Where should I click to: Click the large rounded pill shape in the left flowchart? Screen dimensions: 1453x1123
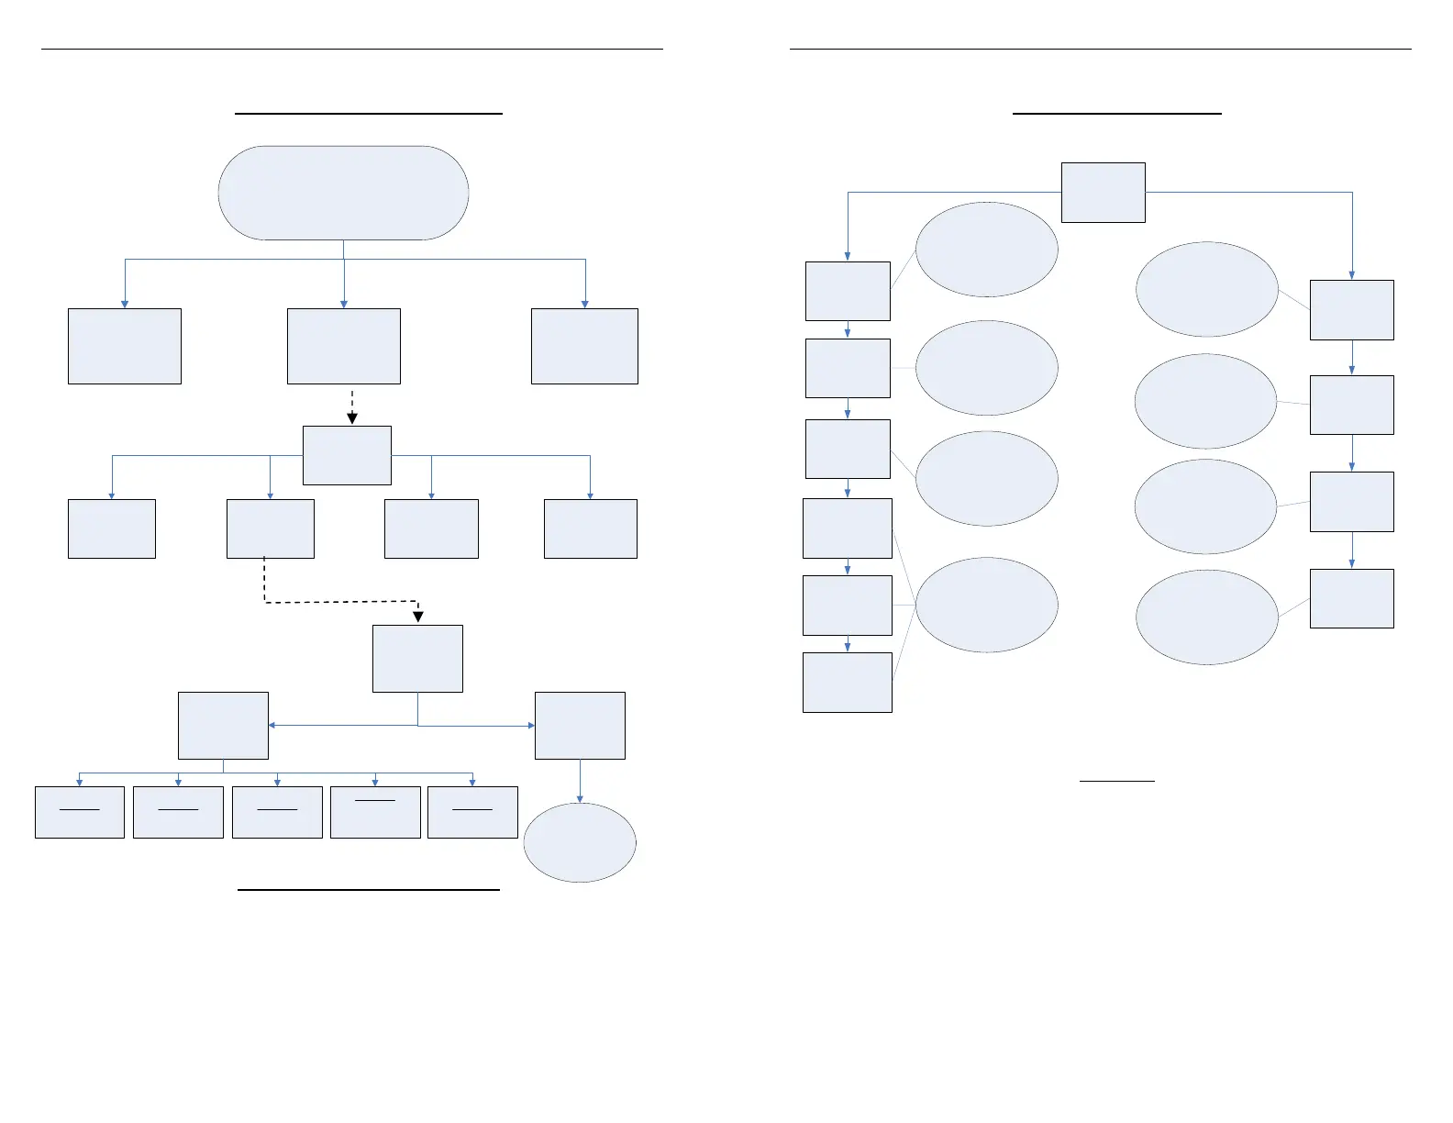point(343,193)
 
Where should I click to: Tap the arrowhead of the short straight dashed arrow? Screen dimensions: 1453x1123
point(352,418)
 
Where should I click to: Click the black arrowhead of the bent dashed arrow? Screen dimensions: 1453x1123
point(418,617)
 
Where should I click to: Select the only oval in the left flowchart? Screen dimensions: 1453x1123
point(580,842)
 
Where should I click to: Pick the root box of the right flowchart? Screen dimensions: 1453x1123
point(1103,193)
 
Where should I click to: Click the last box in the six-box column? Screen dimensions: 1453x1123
point(847,683)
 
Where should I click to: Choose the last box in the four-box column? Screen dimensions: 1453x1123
point(1351,598)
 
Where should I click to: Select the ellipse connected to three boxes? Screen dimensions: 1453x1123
point(986,605)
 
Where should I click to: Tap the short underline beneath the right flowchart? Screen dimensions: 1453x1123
point(1116,781)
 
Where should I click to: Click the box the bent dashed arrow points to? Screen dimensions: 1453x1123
point(417,659)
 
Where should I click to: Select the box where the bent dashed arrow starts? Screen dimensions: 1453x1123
point(270,528)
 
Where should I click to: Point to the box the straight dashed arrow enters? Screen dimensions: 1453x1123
point(347,455)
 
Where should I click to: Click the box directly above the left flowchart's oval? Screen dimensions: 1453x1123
point(580,725)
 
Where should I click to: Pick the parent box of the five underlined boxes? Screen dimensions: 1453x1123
point(223,725)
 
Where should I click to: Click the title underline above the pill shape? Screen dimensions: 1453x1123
point(369,113)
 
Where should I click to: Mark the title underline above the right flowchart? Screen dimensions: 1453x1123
point(1116,113)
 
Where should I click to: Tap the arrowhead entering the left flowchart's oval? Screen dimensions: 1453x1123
point(580,798)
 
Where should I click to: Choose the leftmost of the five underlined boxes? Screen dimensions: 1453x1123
point(80,812)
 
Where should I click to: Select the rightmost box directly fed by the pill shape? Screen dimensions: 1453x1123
point(584,346)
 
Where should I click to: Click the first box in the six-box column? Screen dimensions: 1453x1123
point(848,291)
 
